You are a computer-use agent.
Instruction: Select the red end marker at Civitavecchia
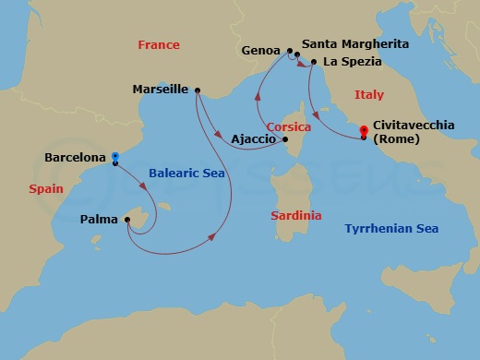point(364,130)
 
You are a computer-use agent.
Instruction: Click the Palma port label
point(99,221)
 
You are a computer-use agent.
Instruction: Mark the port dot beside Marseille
point(198,90)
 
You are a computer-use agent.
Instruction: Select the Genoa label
point(261,51)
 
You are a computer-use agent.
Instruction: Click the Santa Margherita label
point(355,43)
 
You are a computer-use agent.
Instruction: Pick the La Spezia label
point(352,62)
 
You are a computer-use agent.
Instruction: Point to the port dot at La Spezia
point(314,62)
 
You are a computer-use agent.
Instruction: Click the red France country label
point(158,44)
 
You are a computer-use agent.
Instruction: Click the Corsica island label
point(287,126)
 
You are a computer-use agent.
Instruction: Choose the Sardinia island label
point(296,215)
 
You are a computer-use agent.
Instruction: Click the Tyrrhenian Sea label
point(390,228)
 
